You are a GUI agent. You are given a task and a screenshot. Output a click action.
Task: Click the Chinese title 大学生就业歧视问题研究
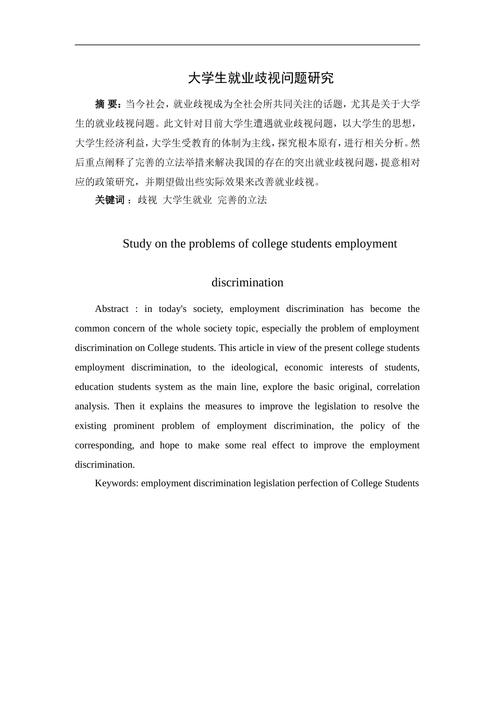[x=261, y=78]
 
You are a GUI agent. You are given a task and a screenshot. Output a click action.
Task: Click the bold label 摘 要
[x=108, y=104]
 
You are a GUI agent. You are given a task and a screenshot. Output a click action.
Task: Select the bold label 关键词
[x=110, y=200]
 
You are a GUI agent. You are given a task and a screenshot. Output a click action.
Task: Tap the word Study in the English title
[x=137, y=244]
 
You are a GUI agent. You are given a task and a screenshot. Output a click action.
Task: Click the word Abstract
[x=112, y=309]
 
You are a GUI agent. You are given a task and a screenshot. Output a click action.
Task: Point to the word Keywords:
[x=117, y=483]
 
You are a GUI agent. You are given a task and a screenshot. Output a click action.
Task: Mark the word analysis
[x=91, y=406]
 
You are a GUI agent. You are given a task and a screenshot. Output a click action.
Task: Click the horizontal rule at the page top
[x=247, y=45]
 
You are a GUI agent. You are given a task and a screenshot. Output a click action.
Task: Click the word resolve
[x=388, y=406]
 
